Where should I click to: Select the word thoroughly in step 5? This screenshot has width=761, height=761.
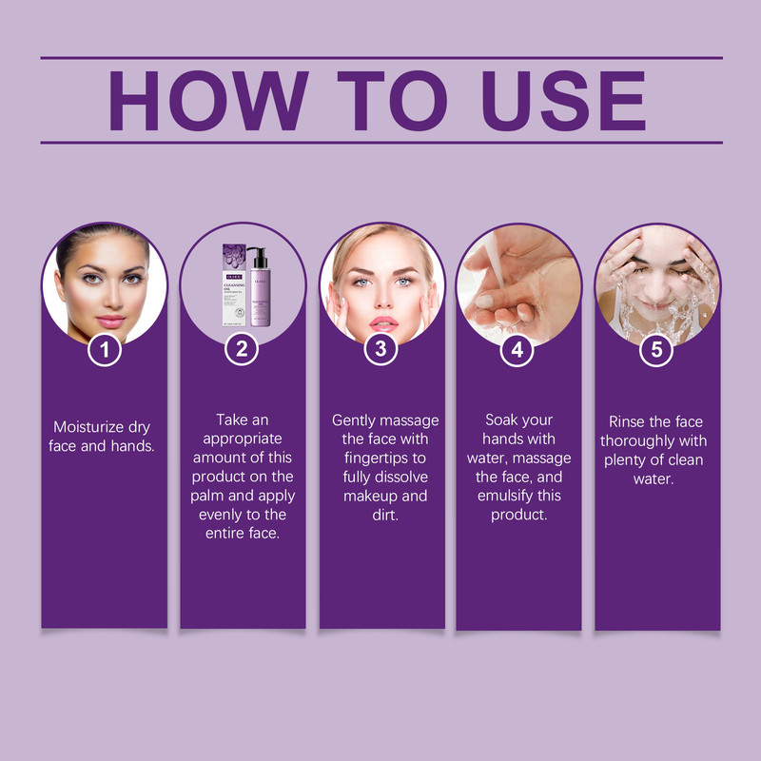pos(653,440)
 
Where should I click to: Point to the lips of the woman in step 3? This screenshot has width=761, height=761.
pos(383,322)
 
